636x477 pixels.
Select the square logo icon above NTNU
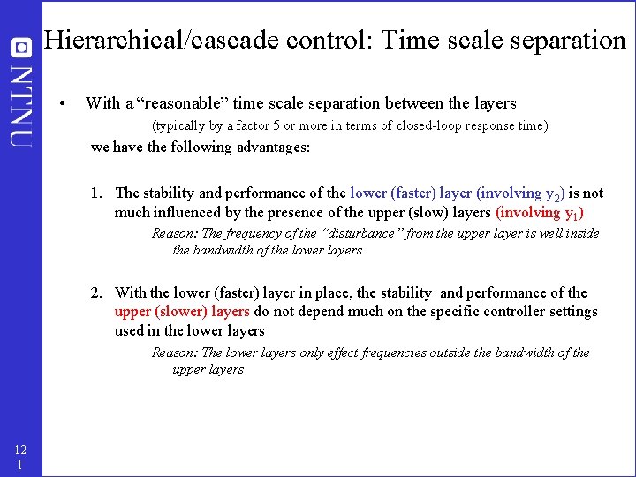tap(21, 49)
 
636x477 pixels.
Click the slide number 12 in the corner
tap(20, 450)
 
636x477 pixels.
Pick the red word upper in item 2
tap(132, 312)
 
